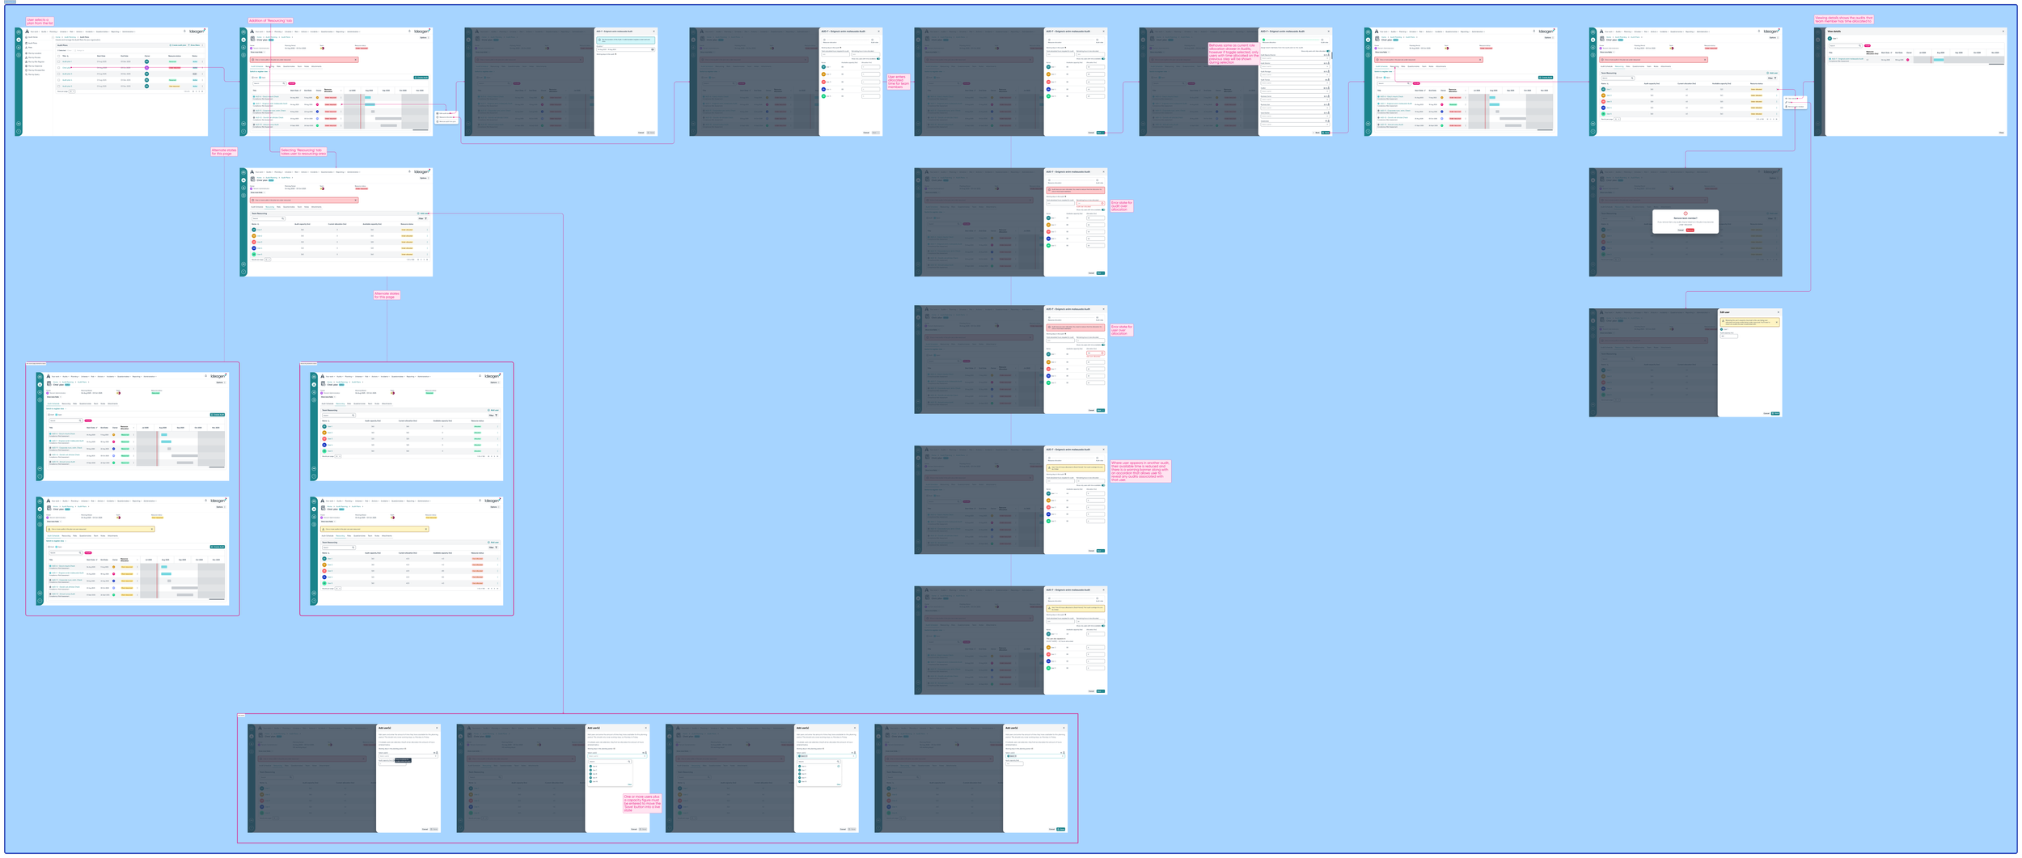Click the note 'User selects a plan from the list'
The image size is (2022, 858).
coord(40,22)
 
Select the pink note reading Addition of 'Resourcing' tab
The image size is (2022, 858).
coord(271,20)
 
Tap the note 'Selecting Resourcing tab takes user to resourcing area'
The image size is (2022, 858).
coord(302,151)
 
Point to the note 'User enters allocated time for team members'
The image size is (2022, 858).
coord(899,82)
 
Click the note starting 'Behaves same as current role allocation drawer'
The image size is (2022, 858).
coord(1233,53)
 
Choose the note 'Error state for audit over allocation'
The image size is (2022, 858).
coord(1122,206)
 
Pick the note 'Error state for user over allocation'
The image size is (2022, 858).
coord(1121,330)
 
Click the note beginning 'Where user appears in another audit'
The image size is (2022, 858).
coord(1140,471)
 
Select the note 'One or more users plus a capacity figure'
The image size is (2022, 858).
coord(642,802)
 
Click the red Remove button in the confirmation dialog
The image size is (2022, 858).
coord(1690,230)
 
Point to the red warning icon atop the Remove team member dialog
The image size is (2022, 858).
coord(1686,213)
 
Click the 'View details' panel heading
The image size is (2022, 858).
coord(1834,32)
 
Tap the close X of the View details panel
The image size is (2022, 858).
coord(2003,32)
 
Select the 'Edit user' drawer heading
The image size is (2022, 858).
coord(1725,312)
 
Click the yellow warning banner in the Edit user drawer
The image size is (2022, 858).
coord(1749,322)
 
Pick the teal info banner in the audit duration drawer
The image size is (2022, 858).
coord(625,40)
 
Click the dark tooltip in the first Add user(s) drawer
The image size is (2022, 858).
coord(403,760)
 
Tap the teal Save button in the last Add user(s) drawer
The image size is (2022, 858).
coord(1061,829)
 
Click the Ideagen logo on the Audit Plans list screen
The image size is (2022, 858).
coord(197,32)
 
